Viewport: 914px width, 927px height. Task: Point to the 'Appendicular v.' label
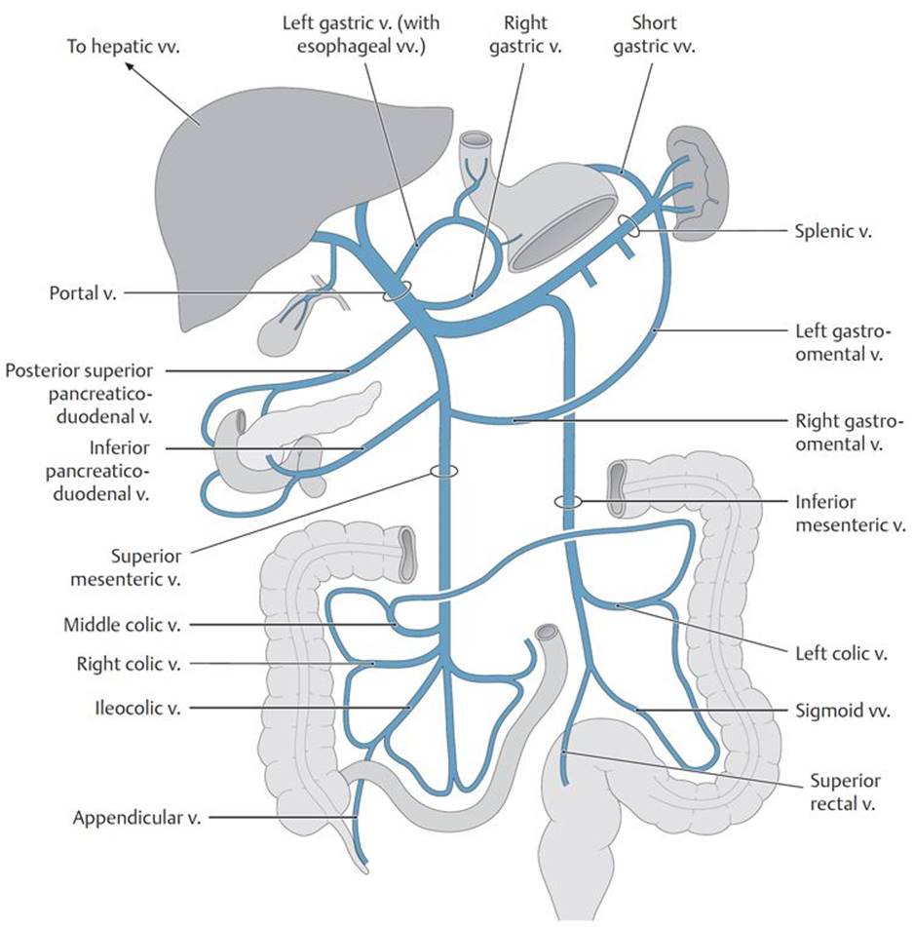(136, 818)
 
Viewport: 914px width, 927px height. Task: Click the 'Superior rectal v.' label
(845, 792)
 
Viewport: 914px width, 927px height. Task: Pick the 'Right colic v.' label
(129, 665)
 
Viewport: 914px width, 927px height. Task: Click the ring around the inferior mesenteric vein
(567, 502)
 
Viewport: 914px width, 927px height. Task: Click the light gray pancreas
(322, 414)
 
